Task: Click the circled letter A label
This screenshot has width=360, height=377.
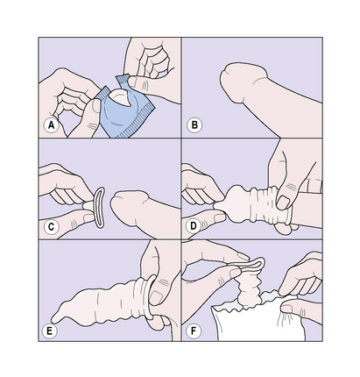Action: [51, 125]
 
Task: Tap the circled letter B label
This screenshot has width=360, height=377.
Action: [194, 125]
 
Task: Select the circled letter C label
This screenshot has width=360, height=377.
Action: [51, 227]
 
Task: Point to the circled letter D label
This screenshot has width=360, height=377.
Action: [194, 226]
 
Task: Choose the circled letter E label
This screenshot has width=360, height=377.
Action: [49, 331]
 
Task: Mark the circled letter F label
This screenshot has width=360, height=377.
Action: [194, 331]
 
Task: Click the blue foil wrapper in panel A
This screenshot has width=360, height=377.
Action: [125, 112]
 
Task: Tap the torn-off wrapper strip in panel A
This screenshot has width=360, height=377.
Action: [124, 81]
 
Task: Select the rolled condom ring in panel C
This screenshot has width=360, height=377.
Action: [99, 207]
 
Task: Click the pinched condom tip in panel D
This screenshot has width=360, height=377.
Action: [220, 205]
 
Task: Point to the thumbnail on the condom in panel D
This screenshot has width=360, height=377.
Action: [283, 203]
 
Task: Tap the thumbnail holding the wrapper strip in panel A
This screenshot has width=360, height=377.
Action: [133, 82]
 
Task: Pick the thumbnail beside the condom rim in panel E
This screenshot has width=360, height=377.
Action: [156, 298]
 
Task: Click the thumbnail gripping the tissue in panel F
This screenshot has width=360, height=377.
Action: [287, 309]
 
